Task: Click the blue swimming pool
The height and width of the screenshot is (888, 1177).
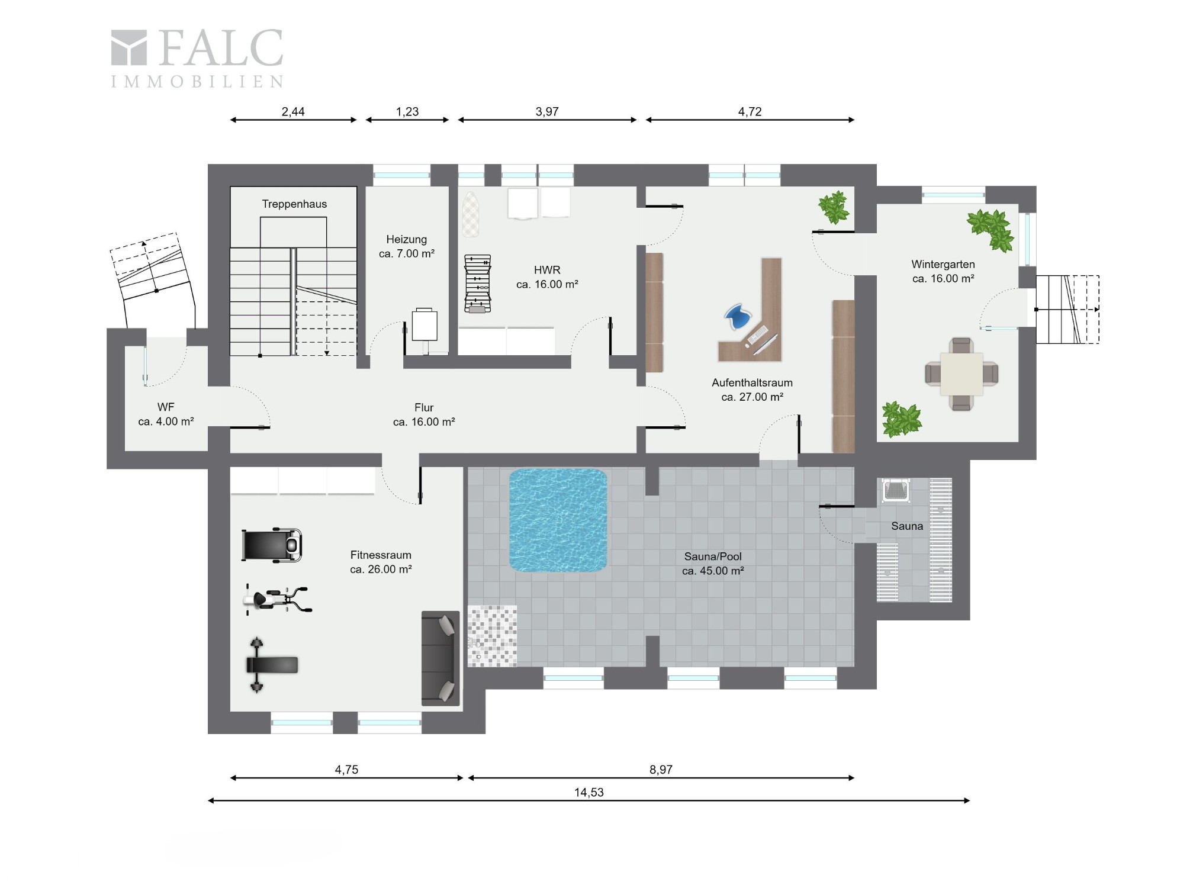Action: pyautogui.click(x=558, y=520)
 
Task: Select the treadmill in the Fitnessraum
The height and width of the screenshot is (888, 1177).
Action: pyautogui.click(x=272, y=545)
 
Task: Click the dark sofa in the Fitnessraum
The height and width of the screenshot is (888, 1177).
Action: pyautogui.click(x=440, y=658)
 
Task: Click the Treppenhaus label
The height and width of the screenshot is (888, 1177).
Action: pyautogui.click(x=294, y=204)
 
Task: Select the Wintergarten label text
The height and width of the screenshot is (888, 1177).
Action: pyautogui.click(x=943, y=265)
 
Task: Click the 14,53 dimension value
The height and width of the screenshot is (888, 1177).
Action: pyautogui.click(x=589, y=792)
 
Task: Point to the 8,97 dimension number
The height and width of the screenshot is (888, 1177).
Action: pyautogui.click(x=661, y=770)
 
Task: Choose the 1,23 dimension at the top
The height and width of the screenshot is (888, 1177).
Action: pyautogui.click(x=407, y=111)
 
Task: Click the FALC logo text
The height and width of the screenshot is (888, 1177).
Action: pyautogui.click(x=221, y=48)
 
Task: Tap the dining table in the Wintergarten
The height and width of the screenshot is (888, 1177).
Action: pyautogui.click(x=961, y=374)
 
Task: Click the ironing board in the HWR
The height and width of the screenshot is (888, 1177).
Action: pyautogui.click(x=471, y=214)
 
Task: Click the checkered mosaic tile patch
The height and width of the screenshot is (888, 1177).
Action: pyautogui.click(x=492, y=636)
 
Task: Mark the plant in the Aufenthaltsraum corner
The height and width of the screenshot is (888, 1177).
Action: pyautogui.click(x=834, y=207)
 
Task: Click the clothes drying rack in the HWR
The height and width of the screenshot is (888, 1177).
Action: pyautogui.click(x=478, y=284)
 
